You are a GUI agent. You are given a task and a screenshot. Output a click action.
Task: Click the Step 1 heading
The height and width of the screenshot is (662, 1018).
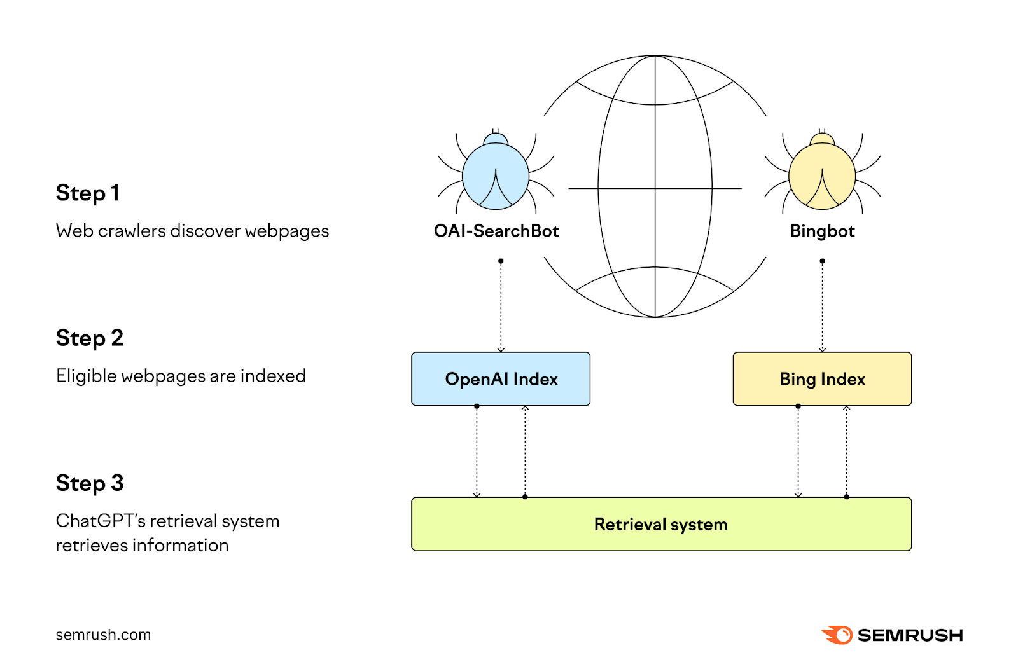[x=88, y=193]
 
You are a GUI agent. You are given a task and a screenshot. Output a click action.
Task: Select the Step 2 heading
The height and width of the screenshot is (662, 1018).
[x=90, y=338]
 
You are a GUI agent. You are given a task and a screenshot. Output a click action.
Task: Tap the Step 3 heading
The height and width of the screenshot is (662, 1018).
[x=90, y=483]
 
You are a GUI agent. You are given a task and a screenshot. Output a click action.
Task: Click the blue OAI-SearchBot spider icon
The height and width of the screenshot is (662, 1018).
[x=496, y=176]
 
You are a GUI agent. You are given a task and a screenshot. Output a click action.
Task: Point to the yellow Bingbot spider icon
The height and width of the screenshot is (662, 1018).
[x=822, y=176]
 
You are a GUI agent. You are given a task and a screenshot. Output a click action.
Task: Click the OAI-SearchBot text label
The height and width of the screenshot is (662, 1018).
[x=496, y=231]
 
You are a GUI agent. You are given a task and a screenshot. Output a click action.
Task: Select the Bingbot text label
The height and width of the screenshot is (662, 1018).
[x=822, y=231]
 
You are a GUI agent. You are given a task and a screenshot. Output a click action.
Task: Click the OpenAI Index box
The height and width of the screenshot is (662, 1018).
[x=501, y=379]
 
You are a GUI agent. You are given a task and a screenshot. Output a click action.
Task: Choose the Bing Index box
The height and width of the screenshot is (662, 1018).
[x=822, y=379]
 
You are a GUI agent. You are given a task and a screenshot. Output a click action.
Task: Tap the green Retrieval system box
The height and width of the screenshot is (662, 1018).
[x=661, y=524]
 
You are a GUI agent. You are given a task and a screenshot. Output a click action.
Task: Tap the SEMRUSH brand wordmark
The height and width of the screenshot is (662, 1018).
[x=910, y=635]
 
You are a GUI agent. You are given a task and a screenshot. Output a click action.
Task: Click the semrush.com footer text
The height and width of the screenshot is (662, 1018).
[x=103, y=635]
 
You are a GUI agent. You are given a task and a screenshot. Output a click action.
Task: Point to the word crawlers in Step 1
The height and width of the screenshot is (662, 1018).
[x=132, y=231]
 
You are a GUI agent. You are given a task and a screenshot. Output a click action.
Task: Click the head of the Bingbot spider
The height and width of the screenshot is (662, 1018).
[x=822, y=139]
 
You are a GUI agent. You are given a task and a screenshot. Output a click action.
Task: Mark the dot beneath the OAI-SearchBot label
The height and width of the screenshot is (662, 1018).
[x=501, y=261]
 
